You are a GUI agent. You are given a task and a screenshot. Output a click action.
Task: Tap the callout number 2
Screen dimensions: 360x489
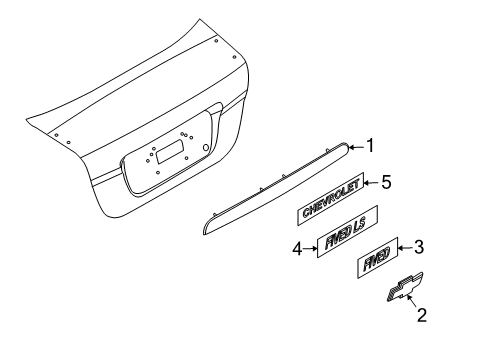[x=421, y=317]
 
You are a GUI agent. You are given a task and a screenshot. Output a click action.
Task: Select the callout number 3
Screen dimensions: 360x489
[x=420, y=246]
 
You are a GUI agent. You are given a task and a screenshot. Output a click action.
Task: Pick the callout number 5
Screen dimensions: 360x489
[x=384, y=183]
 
